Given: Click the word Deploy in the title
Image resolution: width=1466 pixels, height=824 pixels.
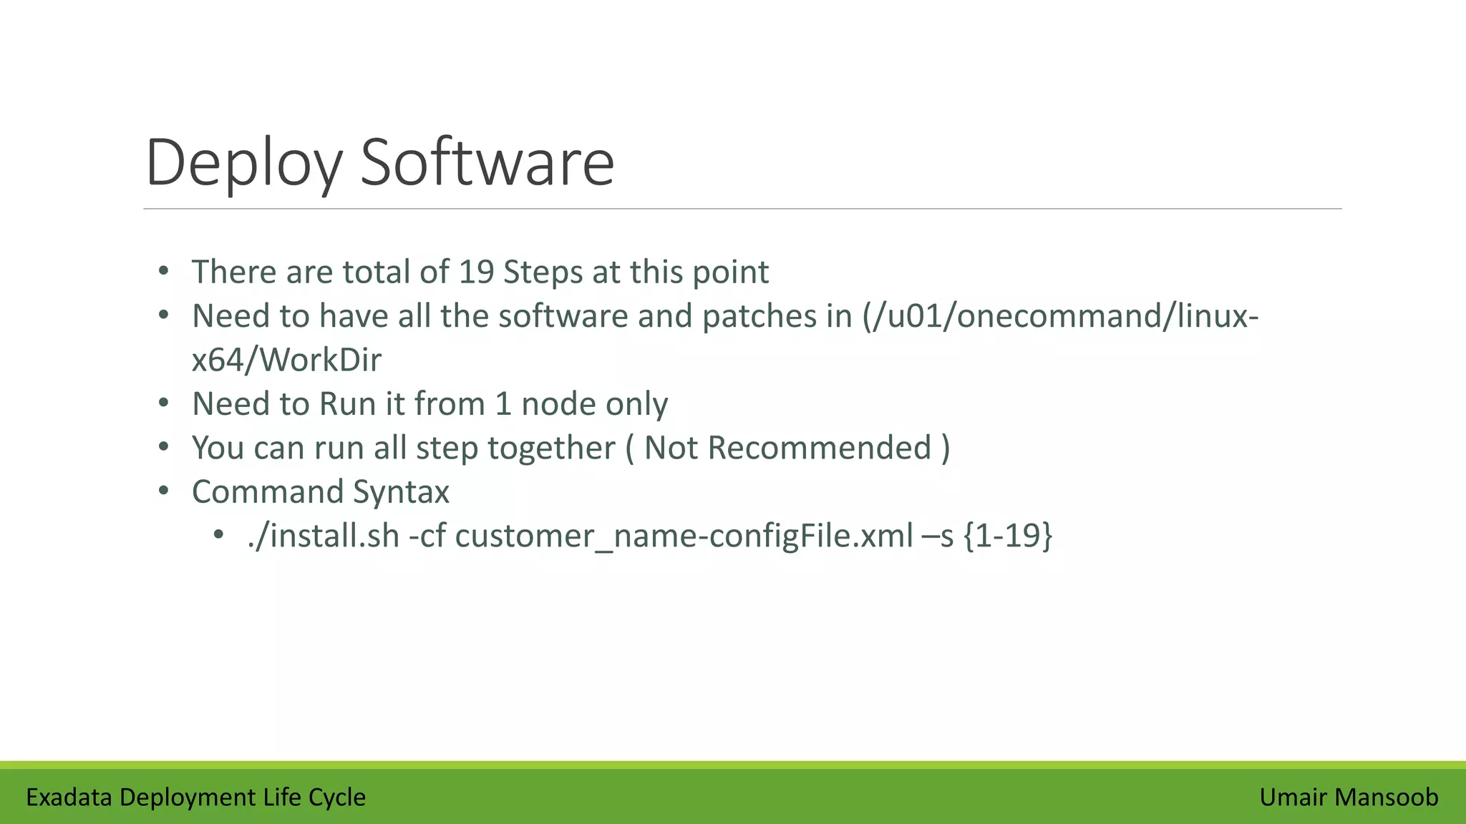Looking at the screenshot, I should pos(243,163).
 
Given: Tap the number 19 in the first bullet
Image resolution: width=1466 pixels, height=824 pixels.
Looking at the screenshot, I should pos(475,272).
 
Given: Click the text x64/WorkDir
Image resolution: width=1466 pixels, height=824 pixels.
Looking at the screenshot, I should pos(286,360).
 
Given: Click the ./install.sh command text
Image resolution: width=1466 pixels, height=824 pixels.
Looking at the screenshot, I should pos(324,536).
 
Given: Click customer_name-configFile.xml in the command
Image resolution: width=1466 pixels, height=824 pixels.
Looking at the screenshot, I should pos(684,536).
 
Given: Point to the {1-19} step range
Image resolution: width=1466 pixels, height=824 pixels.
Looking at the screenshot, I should pos(1008,536).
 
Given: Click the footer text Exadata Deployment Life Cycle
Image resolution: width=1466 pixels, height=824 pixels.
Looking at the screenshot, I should pos(195,797).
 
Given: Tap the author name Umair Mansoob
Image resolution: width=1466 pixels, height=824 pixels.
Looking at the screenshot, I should pos(1349,797).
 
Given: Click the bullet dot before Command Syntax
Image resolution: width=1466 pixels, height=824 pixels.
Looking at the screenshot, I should pos(164,491).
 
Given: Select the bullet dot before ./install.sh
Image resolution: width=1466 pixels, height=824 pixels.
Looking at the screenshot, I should pos(219,535).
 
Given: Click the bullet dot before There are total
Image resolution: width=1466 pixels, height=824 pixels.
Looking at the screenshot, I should pos(164,272).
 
